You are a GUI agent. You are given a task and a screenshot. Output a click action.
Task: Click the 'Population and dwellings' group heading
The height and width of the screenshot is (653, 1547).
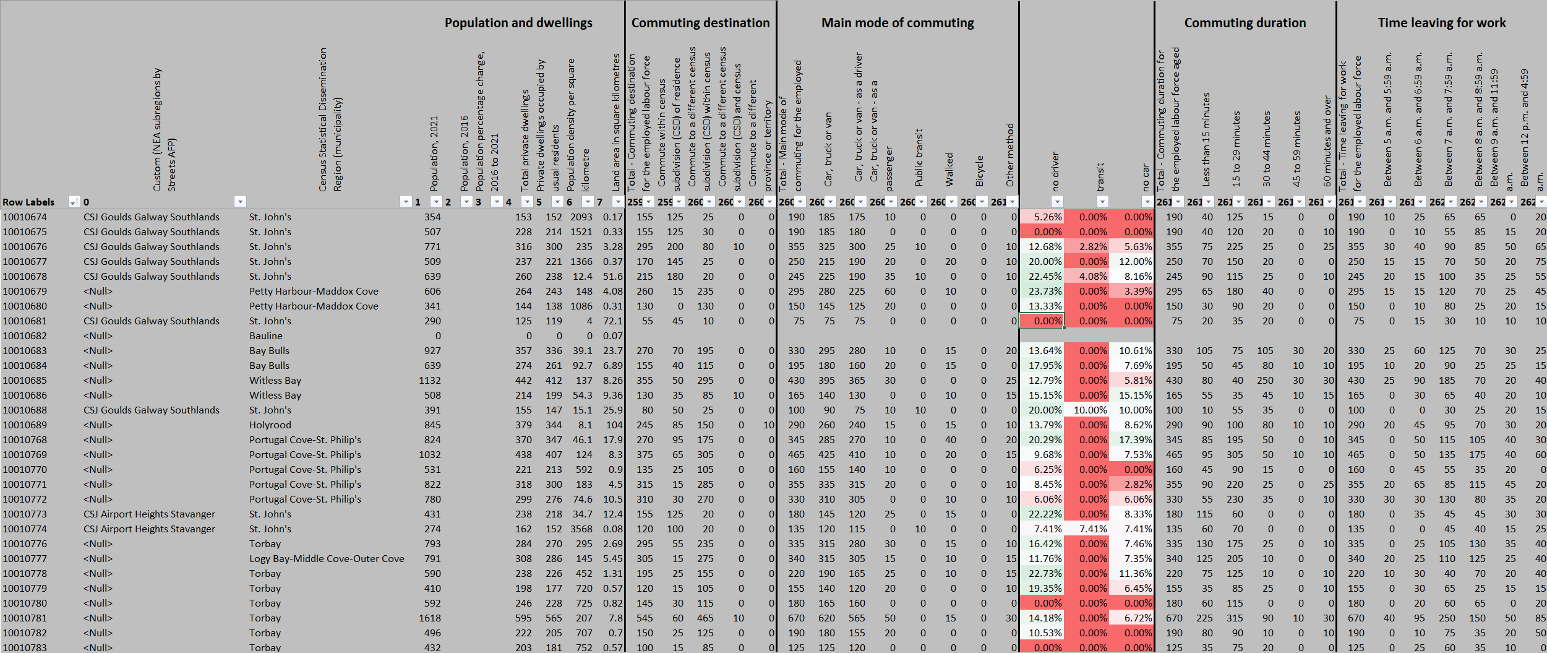point(518,23)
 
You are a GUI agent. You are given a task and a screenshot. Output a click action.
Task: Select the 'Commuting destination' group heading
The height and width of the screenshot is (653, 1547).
point(700,23)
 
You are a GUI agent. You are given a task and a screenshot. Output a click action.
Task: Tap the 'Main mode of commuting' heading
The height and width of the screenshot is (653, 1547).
point(897,23)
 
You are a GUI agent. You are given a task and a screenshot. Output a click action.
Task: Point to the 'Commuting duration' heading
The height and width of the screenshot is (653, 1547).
point(1245,23)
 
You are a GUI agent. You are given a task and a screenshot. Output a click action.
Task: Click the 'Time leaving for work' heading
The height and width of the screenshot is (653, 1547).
point(1441,23)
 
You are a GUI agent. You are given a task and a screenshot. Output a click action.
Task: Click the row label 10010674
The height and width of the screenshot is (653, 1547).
point(25,217)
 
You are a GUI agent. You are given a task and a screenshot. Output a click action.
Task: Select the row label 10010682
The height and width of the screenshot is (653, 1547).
point(25,336)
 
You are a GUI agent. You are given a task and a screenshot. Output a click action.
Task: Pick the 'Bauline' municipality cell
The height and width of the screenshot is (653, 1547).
point(266,336)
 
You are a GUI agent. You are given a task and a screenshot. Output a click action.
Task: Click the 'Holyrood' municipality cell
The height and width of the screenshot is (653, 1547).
point(270,425)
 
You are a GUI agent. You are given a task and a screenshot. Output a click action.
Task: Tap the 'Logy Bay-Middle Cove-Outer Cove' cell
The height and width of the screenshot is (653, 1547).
point(327,559)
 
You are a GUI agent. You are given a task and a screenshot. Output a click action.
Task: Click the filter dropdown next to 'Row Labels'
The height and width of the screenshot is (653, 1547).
point(74,202)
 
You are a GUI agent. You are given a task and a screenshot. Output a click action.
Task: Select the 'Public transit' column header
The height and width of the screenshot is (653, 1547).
point(919,158)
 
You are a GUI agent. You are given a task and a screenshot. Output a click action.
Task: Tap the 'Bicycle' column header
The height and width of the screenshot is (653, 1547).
point(980,170)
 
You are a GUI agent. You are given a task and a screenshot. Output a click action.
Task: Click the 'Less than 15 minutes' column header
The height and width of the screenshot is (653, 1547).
point(1206,139)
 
